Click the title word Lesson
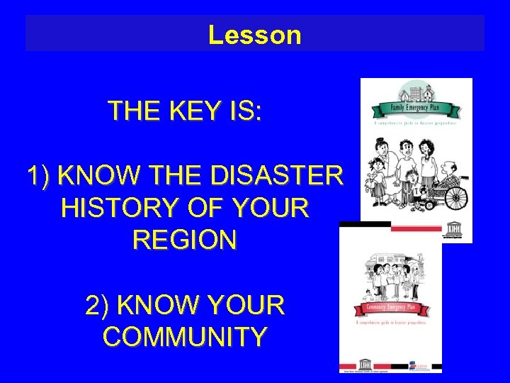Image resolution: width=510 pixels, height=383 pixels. click(x=254, y=35)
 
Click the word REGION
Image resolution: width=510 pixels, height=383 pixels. click(x=184, y=240)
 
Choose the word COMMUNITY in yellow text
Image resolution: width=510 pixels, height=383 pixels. click(x=185, y=336)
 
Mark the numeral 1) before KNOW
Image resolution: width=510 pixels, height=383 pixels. click(x=39, y=174)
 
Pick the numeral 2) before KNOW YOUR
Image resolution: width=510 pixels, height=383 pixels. click(x=98, y=305)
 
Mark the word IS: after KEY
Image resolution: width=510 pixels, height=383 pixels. click(x=246, y=111)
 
